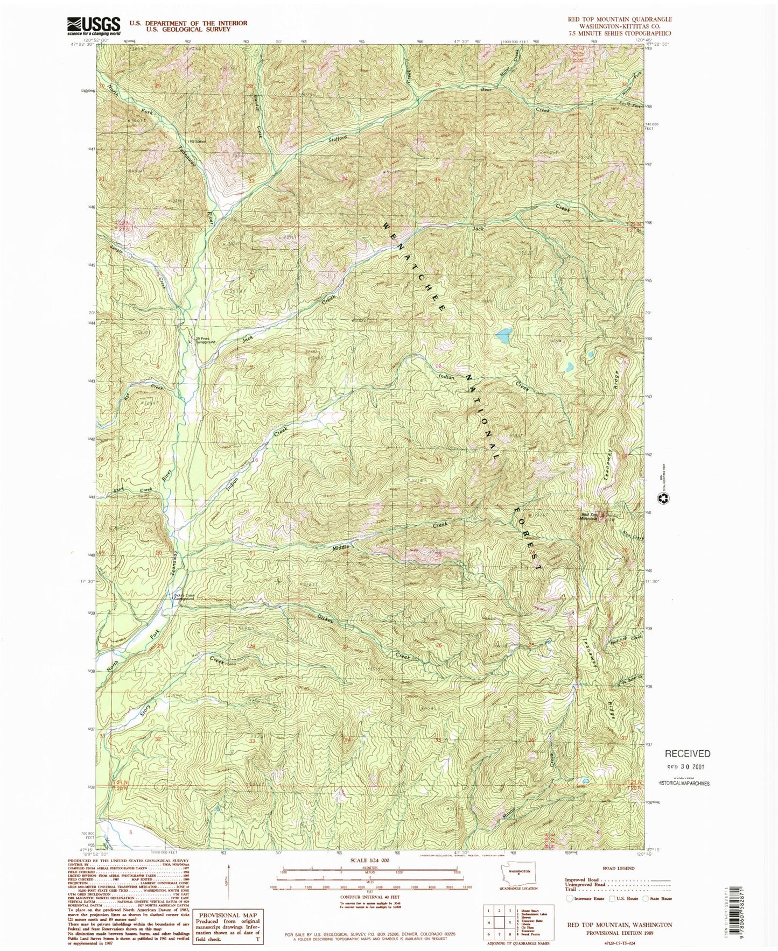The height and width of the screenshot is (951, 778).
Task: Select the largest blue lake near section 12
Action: click(503, 337)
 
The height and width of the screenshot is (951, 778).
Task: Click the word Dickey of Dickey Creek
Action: click(326, 619)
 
